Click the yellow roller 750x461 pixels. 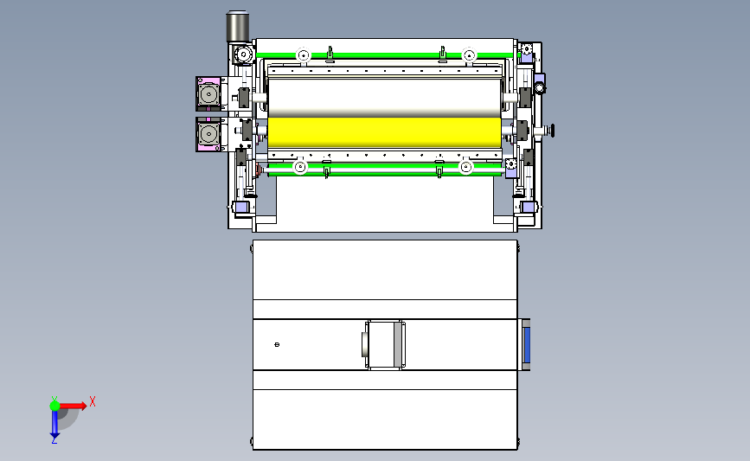pyautogui.click(x=385, y=132)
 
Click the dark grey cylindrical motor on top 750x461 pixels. pyautogui.click(x=238, y=27)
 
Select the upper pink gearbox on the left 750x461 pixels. pyautogui.click(x=208, y=93)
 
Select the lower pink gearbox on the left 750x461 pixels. pyautogui.click(x=208, y=134)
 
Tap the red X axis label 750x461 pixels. pyautogui.click(x=93, y=401)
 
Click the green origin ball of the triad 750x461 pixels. pyautogui.click(x=55, y=406)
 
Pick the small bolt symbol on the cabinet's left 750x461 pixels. pyautogui.click(x=277, y=344)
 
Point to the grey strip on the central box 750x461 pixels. pyautogui.click(x=397, y=344)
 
